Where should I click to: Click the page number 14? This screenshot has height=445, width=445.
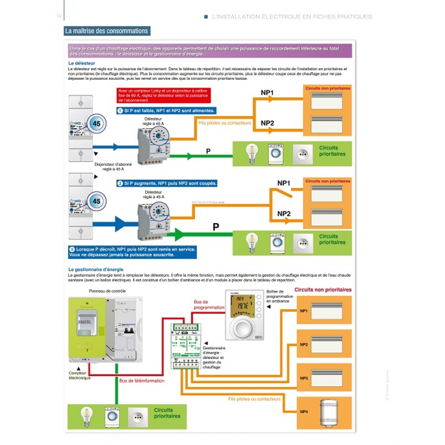click(59, 17)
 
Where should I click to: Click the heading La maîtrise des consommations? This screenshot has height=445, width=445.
click(106, 31)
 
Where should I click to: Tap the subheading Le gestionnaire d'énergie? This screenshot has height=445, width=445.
click(96, 270)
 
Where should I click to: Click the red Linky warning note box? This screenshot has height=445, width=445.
click(163, 95)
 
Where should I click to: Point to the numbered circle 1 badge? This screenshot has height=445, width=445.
click(120, 110)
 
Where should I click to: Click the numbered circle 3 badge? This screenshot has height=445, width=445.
click(72, 249)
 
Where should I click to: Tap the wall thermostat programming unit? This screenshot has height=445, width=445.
click(244, 315)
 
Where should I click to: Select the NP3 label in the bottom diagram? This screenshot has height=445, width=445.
click(304, 378)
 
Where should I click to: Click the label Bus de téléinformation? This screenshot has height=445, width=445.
click(142, 381)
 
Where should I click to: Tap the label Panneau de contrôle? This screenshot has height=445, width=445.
click(107, 291)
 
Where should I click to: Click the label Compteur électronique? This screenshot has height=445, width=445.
click(79, 376)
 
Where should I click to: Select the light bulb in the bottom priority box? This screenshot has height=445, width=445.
click(86, 416)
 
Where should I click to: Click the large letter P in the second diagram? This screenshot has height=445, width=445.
click(216, 227)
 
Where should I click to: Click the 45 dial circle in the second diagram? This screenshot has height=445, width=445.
click(96, 201)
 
